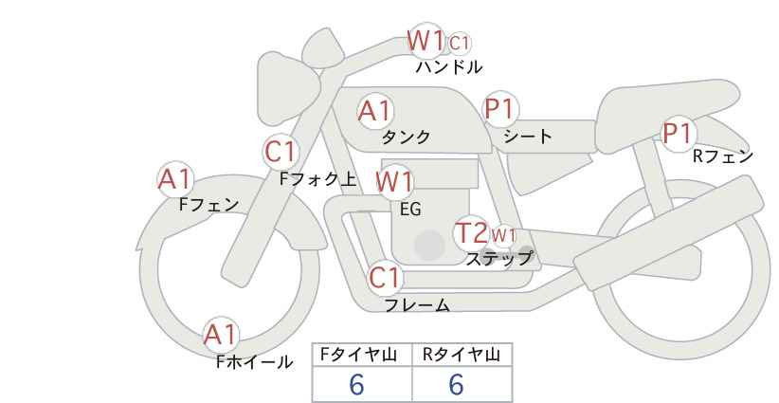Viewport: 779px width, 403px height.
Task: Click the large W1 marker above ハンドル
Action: point(426,41)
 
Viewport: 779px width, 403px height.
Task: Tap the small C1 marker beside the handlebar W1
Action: point(460,43)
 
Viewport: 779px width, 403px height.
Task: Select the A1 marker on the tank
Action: point(374,111)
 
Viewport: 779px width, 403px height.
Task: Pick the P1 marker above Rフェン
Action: point(677,134)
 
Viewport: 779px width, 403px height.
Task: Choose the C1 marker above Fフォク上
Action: point(281,151)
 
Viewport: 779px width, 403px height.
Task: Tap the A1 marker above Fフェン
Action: point(174,178)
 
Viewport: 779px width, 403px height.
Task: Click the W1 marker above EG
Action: point(394,181)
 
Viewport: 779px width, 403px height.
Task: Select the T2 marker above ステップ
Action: point(471,232)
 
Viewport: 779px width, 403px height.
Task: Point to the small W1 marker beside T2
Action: point(503,235)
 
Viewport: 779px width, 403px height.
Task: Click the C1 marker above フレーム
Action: point(386,279)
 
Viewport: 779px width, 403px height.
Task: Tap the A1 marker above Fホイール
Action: point(221,335)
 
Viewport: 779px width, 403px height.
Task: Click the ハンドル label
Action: point(449,67)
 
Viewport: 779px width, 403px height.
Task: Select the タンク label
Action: point(406,137)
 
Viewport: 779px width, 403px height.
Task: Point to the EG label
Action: point(410,210)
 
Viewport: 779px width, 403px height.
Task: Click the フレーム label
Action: point(417,305)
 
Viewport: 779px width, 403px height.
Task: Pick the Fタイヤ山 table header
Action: point(361,355)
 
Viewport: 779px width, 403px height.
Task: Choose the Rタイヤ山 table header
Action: point(461,355)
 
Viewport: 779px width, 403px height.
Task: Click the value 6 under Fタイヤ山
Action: point(356,384)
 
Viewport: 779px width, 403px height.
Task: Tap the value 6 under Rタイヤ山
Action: point(456,384)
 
